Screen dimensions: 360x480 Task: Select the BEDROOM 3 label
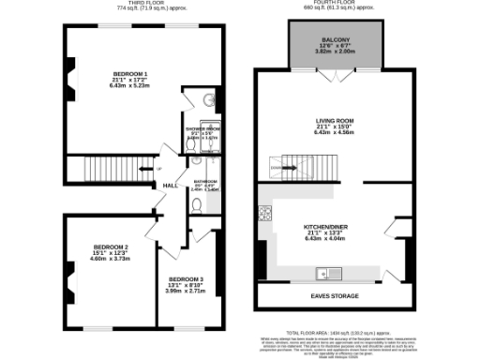click(187, 279)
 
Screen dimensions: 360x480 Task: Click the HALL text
click(171, 187)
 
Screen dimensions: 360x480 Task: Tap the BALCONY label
click(335, 38)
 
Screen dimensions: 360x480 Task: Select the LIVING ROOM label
click(334, 120)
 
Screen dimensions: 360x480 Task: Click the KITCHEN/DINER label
click(334, 227)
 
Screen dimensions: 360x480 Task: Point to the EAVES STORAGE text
click(334, 296)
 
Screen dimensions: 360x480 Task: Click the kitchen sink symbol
click(328, 274)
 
